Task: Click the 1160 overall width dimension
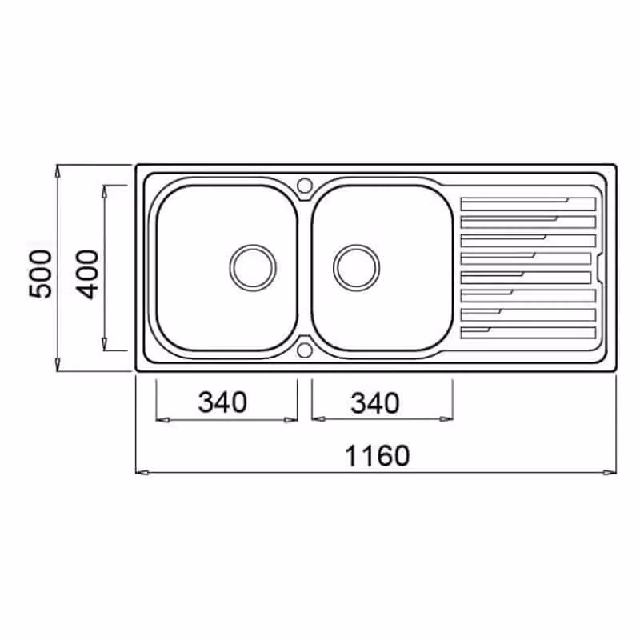(x=377, y=455)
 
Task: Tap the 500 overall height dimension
(x=41, y=274)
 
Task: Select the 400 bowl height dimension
(x=87, y=274)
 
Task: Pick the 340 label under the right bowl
(x=375, y=403)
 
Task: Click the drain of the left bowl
(x=253, y=268)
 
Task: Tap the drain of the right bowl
(x=356, y=268)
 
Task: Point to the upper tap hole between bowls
(x=304, y=186)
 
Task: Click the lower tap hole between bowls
(x=304, y=350)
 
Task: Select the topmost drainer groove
(x=528, y=204)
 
